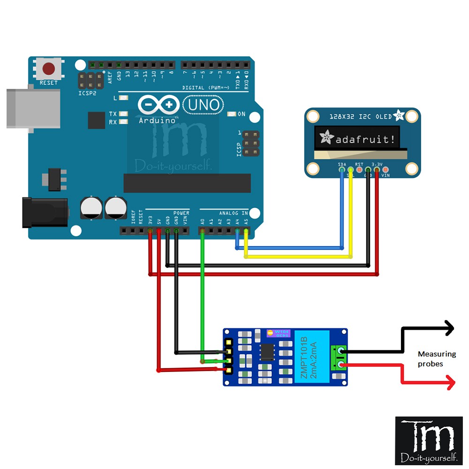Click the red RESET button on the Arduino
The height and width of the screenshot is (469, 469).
[49, 69]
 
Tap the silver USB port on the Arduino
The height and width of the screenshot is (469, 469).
[33, 108]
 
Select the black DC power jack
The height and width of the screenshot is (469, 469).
[45, 212]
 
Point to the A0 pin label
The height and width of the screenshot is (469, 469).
[202, 220]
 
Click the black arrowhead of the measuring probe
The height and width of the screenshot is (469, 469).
[450, 328]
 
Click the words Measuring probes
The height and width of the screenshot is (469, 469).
[430, 359]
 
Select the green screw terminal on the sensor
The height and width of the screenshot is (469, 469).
[339, 357]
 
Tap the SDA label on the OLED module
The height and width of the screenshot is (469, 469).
[342, 164]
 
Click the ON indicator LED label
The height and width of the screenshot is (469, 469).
[242, 114]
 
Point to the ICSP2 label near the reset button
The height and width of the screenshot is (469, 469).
[87, 92]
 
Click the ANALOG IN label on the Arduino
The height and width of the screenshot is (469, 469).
[230, 213]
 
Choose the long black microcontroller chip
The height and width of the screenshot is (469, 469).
[187, 183]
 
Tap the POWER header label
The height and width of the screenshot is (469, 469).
[181, 213]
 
